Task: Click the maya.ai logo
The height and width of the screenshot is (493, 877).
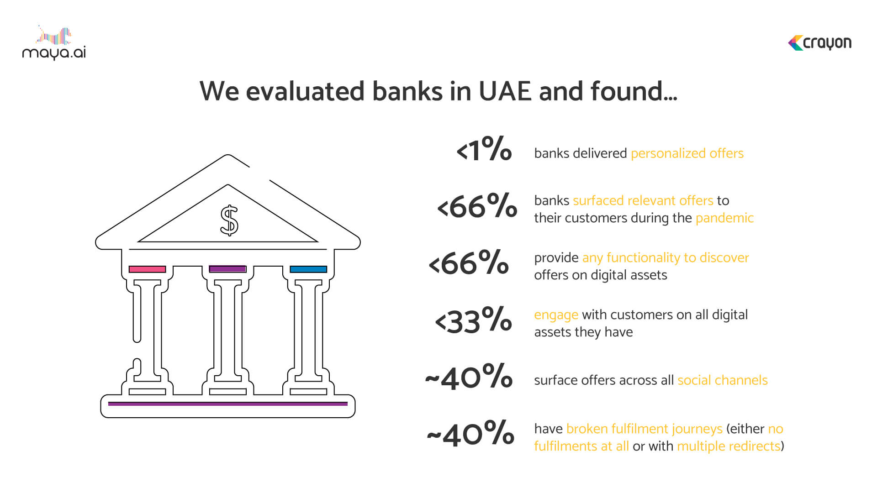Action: [x=54, y=43]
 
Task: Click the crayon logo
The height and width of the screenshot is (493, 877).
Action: [x=819, y=43]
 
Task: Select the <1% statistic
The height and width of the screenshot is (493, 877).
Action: [x=484, y=149]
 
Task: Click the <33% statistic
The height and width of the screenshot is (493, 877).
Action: [x=474, y=320]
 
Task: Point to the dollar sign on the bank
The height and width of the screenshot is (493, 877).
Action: [x=229, y=220]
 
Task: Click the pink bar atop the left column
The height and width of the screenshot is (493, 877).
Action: [x=147, y=269]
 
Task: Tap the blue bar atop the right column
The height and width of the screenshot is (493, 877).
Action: [x=308, y=269]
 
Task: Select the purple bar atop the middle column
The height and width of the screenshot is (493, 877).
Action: [x=227, y=269]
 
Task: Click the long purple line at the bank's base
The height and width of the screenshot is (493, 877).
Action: [x=227, y=404]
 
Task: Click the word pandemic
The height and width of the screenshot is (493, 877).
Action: [x=724, y=218]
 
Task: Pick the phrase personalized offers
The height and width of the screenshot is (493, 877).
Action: [x=687, y=153]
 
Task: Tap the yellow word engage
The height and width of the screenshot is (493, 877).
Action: [x=556, y=315]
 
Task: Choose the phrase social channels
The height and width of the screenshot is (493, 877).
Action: [x=722, y=380]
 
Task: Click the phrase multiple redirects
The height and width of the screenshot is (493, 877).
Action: [x=729, y=446]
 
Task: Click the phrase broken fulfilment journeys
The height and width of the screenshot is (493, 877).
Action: [x=644, y=429]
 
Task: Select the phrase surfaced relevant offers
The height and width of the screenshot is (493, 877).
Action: [x=643, y=200]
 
